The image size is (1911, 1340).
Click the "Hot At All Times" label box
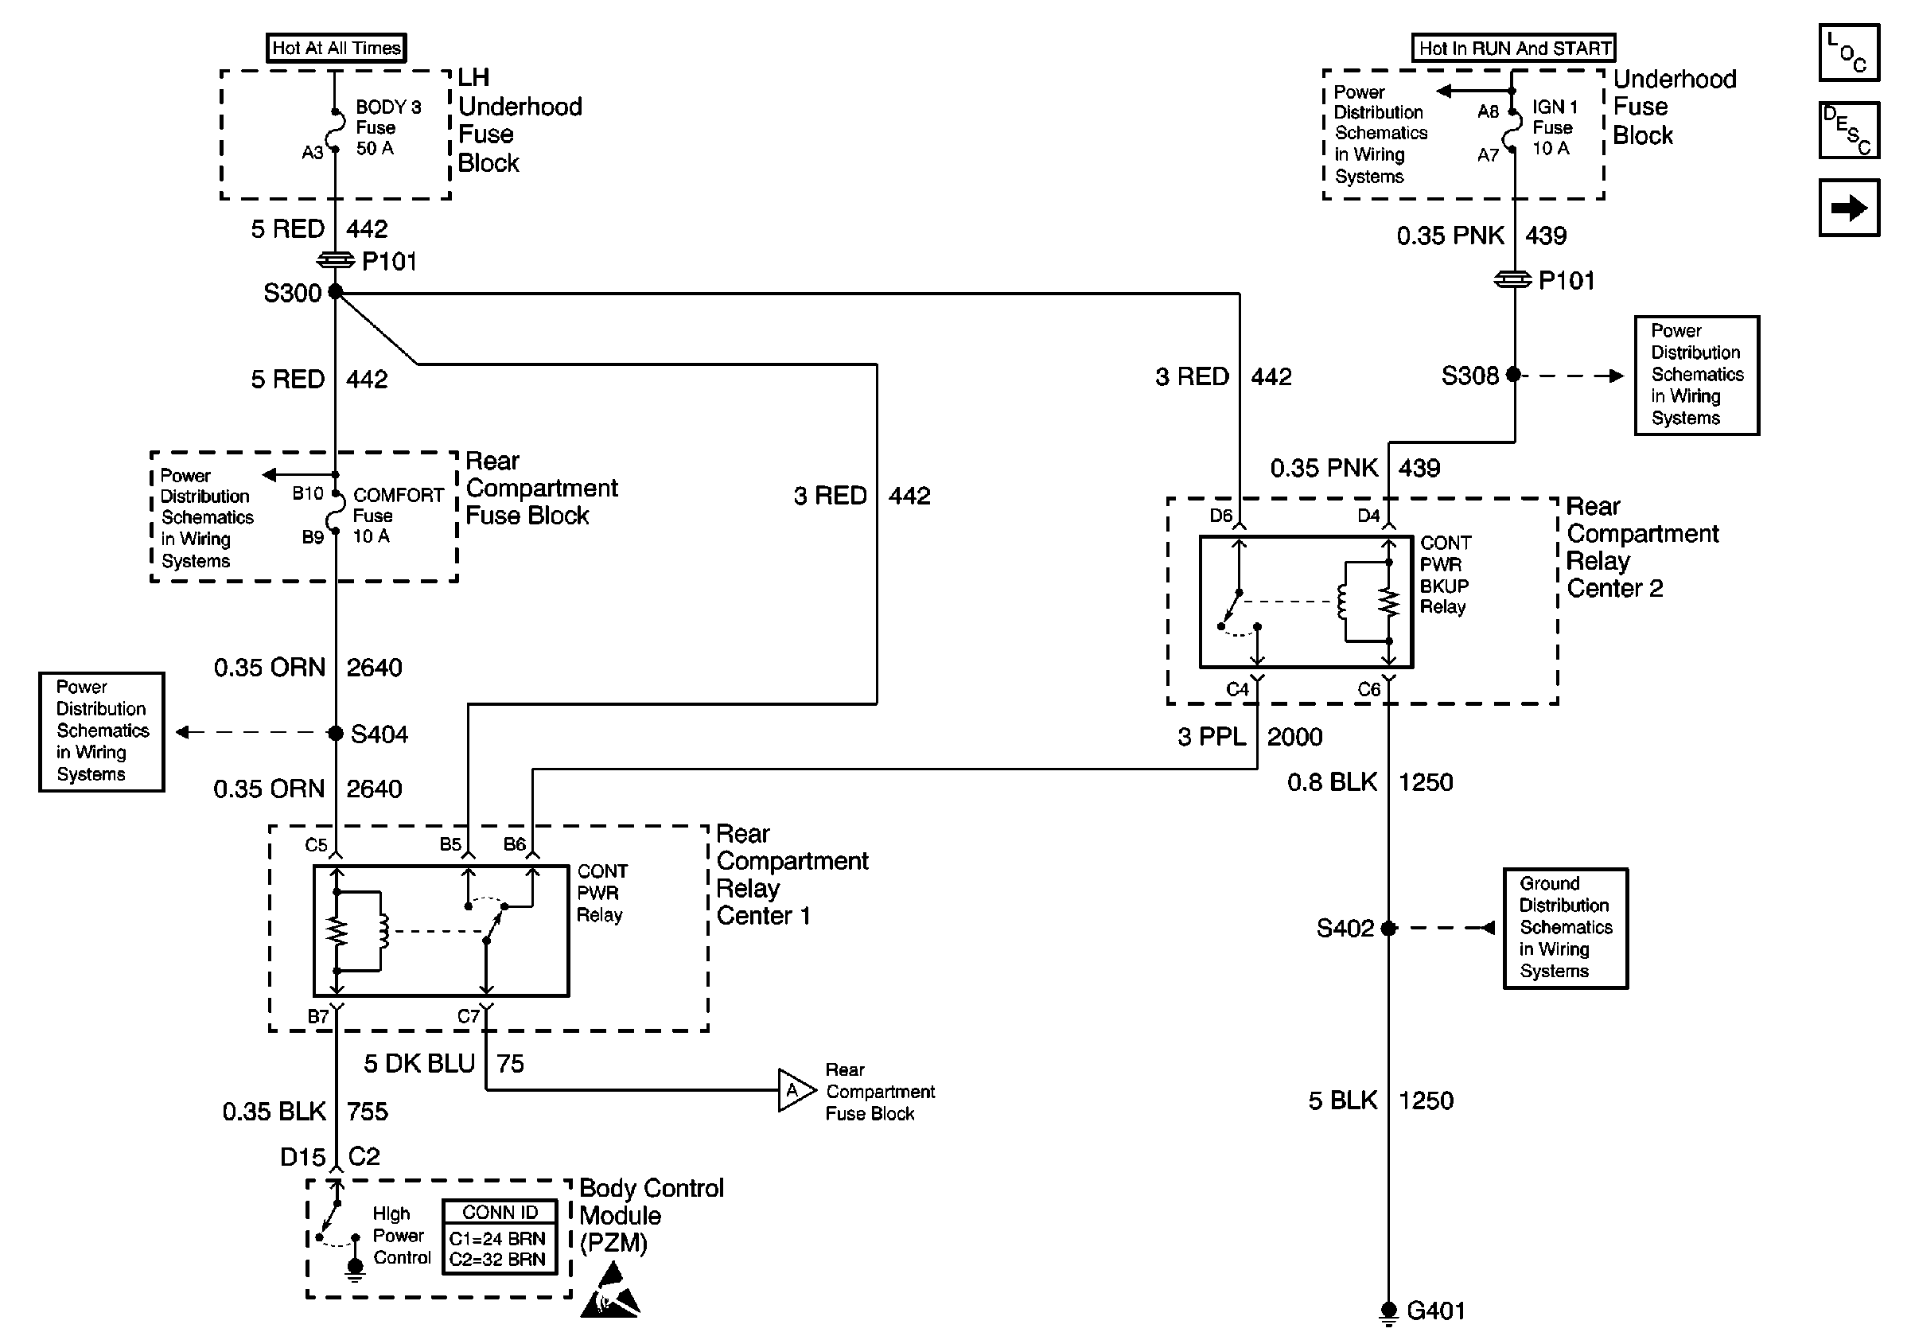pos(337,48)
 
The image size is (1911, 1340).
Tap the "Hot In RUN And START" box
pos(1513,48)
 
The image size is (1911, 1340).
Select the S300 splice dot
pos(336,291)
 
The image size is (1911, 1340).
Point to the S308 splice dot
pos(1514,376)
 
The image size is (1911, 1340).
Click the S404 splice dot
pos(336,733)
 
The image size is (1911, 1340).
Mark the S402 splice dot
pos(1388,928)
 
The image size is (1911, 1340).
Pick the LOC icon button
pos(1849,53)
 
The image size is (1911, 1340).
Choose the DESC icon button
pos(1849,130)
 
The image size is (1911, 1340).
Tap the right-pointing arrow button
pos(1849,208)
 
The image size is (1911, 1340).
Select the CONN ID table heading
pos(500,1213)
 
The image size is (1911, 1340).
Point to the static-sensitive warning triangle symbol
pos(611,1291)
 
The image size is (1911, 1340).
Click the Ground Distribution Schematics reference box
pos(1565,928)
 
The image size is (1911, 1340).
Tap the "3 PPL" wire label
pos(1212,737)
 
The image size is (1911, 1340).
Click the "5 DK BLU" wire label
pos(418,1064)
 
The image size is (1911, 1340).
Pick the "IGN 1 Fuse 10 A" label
pos(1554,127)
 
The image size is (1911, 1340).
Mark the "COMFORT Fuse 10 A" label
pos(397,515)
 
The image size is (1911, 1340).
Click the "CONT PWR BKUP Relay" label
pos(1445,575)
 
